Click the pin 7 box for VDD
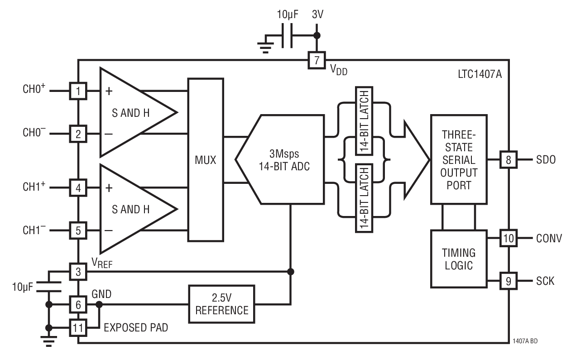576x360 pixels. coord(316,60)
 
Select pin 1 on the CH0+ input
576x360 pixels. coord(78,91)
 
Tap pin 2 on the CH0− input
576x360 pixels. coord(78,134)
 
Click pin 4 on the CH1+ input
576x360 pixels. coord(78,187)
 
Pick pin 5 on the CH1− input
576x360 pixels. coord(78,230)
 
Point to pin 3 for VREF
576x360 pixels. coord(78,272)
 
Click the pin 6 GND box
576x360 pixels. coord(78,305)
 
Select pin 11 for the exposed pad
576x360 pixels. coord(78,327)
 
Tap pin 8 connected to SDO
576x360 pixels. coord(508,159)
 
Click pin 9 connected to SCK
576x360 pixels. coord(508,281)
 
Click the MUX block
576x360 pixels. coord(206,159)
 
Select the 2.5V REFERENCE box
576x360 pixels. coord(222,304)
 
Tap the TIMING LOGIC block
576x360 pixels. coord(458,259)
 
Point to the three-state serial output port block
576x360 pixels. coord(458,159)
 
